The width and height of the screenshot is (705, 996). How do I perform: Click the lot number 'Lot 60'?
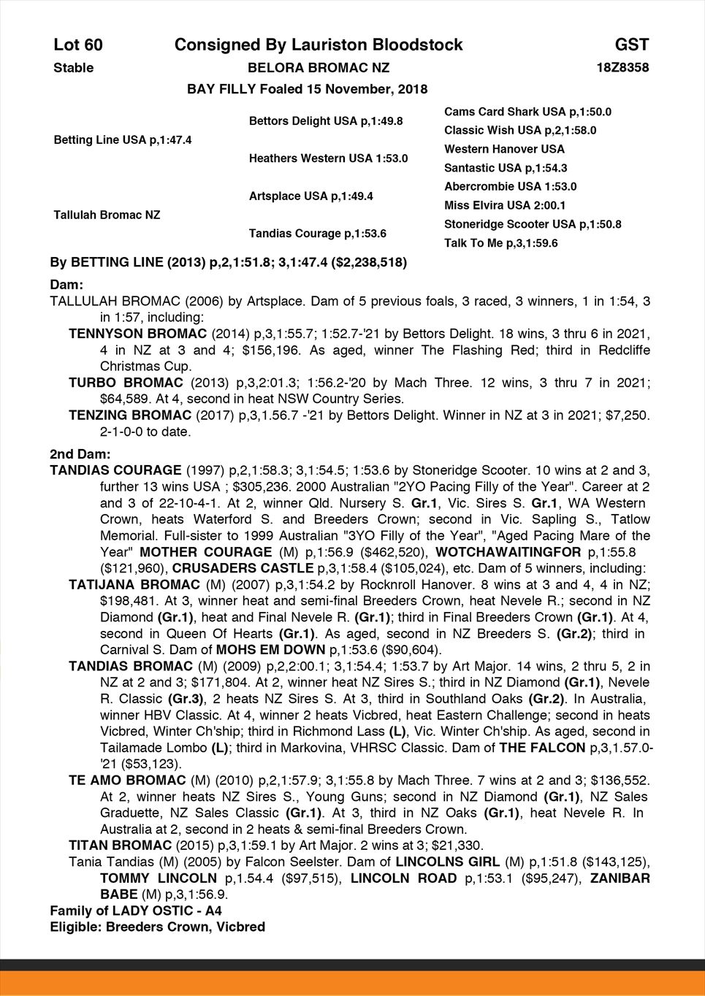(x=78, y=45)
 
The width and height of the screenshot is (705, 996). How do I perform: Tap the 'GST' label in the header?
(x=632, y=45)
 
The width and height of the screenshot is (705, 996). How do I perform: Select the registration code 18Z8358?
(x=622, y=68)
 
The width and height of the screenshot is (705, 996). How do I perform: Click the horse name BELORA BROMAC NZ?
(x=319, y=68)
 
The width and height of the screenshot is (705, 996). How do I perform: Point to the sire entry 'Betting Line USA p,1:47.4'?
(x=123, y=139)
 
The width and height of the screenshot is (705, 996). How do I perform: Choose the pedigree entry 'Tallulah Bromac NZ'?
(x=107, y=215)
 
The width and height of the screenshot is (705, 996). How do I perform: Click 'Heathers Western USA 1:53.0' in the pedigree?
(x=328, y=158)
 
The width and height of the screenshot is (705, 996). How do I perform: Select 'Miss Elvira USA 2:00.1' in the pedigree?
(x=505, y=205)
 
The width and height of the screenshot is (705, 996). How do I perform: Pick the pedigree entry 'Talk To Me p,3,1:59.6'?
(x=500, y=243)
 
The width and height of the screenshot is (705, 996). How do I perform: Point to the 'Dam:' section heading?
(x=66, y=284)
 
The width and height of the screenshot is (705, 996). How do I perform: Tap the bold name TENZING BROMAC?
(x=130, y=415)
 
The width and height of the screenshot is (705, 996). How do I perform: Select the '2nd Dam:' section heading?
(x=80, y=454)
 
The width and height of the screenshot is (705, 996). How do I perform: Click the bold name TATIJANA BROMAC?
(x=134, y=585)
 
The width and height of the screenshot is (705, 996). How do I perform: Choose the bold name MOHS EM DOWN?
(x=271, y=649)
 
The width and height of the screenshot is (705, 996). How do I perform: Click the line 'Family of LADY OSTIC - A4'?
(x=135, y=911)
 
